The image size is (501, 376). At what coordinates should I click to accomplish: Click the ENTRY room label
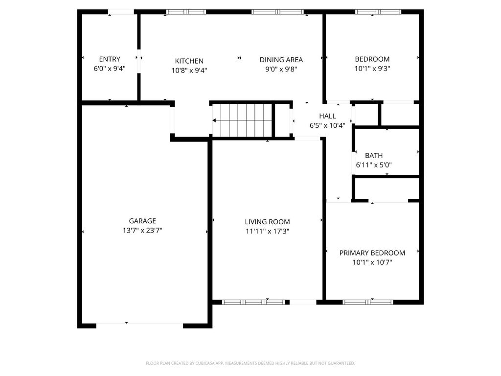coord(110,59)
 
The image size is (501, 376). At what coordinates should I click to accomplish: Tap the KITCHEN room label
coord(189,61)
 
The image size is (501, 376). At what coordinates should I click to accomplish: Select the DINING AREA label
coord(281,60)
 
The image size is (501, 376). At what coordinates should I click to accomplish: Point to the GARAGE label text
coord(142,221)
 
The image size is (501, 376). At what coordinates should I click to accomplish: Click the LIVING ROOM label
coord(267,222)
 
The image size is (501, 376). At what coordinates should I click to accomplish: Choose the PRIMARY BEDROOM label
coord(372,253)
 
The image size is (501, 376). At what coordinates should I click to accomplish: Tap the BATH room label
coord(374,156)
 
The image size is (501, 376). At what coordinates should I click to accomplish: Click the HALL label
coord(327,116)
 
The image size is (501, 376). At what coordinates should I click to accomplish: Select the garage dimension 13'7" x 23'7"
coord(142,230)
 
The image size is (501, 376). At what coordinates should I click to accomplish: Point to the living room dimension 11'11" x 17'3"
coord(267,231)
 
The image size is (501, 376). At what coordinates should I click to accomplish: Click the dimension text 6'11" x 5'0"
coord(374,165)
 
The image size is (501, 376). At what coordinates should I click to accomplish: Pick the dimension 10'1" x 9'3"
coord(372,69)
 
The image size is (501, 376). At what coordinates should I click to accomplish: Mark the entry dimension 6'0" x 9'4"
coord(110,69)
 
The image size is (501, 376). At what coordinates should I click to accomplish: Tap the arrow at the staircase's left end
coord(214,120)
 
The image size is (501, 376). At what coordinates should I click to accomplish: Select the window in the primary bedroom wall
coord(368,302)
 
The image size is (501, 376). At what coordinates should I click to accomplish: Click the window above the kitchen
coord(186,12)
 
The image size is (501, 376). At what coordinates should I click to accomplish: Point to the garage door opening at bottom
coord(139,324)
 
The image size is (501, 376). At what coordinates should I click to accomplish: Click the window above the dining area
coord(277,12)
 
